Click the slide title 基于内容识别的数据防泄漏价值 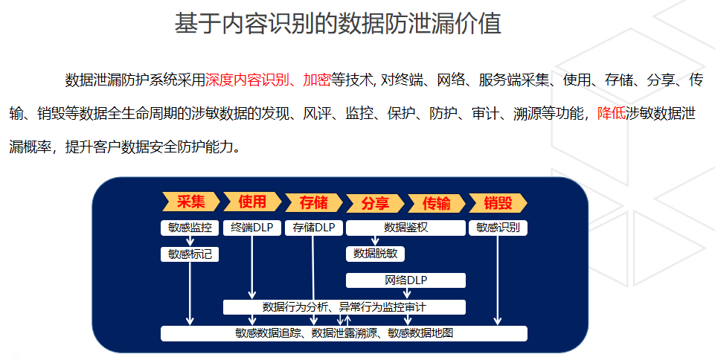(338, 24)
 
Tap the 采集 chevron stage (190, 202)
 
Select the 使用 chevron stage (252, 202)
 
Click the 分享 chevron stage (375, 203)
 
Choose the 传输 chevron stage (437, 203)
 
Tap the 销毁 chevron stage (498, 203)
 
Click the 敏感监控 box (190, 228)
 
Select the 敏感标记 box (190, 254)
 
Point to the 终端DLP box (251, 228)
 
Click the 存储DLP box (314, 228)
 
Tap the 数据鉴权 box (405, 228)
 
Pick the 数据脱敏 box (375, 254)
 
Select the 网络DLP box (405, 280)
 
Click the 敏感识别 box (498, 228)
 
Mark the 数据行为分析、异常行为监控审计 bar (344, 307)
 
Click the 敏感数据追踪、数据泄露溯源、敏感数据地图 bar (344, 333)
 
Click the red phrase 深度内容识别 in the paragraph (247, 80)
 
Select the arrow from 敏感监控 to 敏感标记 (190, 241)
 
